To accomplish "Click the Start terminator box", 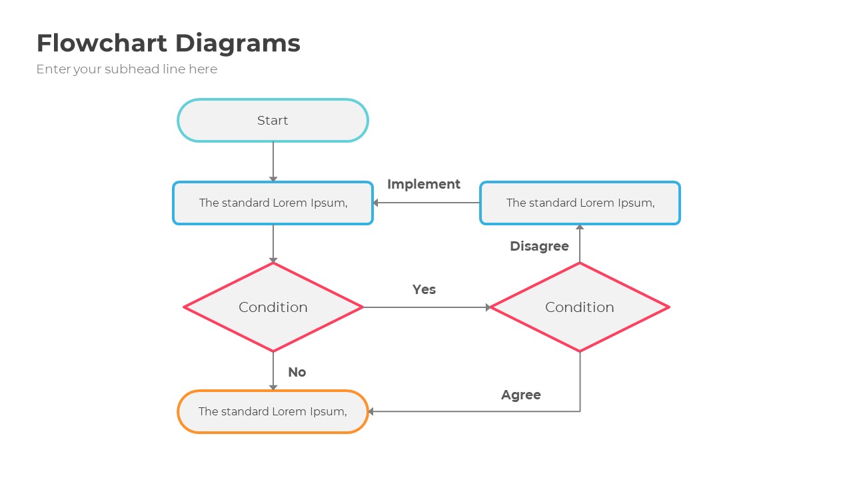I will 273,121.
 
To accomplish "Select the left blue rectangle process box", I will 273,203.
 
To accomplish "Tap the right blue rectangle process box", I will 580,203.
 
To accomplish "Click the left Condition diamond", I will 273,307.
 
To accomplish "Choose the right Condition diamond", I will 580,307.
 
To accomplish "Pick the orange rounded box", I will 273,411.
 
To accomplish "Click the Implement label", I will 424,184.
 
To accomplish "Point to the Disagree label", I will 539,246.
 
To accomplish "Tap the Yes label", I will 424,289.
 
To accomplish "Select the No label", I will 297,372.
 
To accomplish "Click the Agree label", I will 520,395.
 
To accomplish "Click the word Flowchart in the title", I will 101,43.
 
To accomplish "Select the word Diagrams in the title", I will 237,43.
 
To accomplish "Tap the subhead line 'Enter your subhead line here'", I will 127,69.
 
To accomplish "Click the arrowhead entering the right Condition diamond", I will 488,307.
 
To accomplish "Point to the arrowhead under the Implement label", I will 377,203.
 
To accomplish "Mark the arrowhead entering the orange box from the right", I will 371,411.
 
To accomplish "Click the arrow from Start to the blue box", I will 273,160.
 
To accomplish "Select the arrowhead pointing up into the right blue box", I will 580,227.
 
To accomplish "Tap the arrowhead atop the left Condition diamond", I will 273,260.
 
